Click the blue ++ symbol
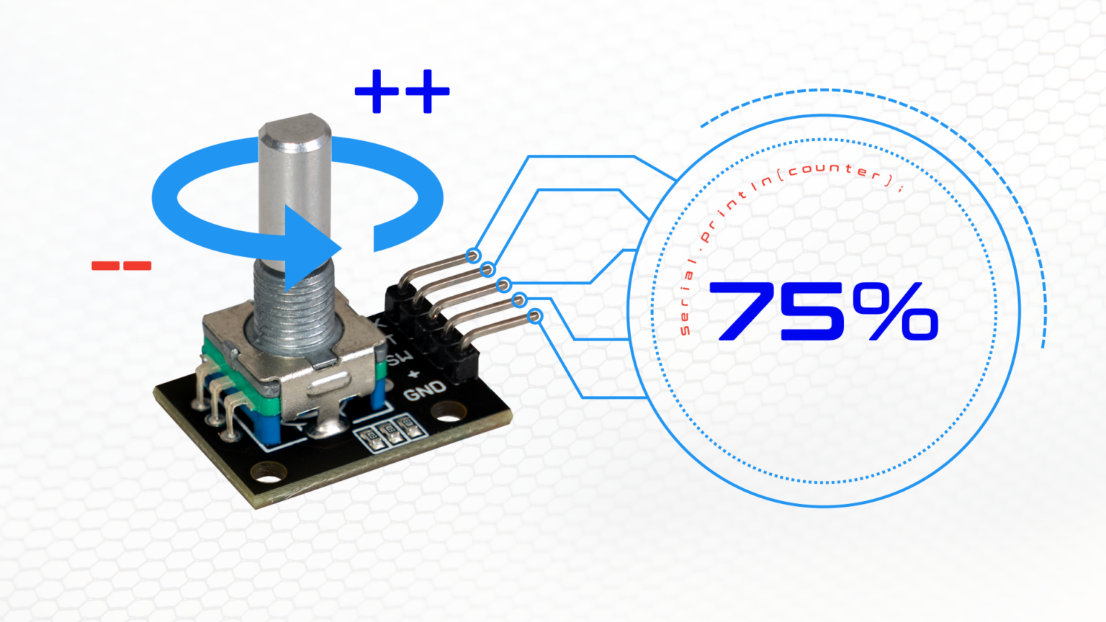[402, 91]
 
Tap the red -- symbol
[121, 266]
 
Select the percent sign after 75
[896, 311]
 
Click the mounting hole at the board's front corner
[268, 475]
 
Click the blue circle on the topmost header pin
[472, 255]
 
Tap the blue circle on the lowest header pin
[535, 316]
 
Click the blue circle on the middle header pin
[503, 285]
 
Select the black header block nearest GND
[465, 364]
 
